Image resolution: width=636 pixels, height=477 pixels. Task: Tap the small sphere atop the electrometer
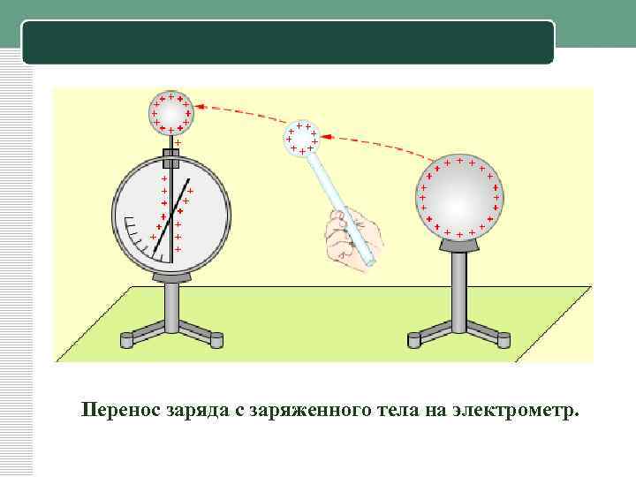coord(171,112)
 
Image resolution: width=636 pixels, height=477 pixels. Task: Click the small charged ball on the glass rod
coord(301,139)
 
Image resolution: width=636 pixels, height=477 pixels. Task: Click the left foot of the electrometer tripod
coord(126,340)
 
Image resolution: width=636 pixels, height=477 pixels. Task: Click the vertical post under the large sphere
coord(459,291)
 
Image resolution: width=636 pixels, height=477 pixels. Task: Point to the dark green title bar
coord(288,42)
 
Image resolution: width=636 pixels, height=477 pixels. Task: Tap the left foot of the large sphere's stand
coord(414,340)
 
